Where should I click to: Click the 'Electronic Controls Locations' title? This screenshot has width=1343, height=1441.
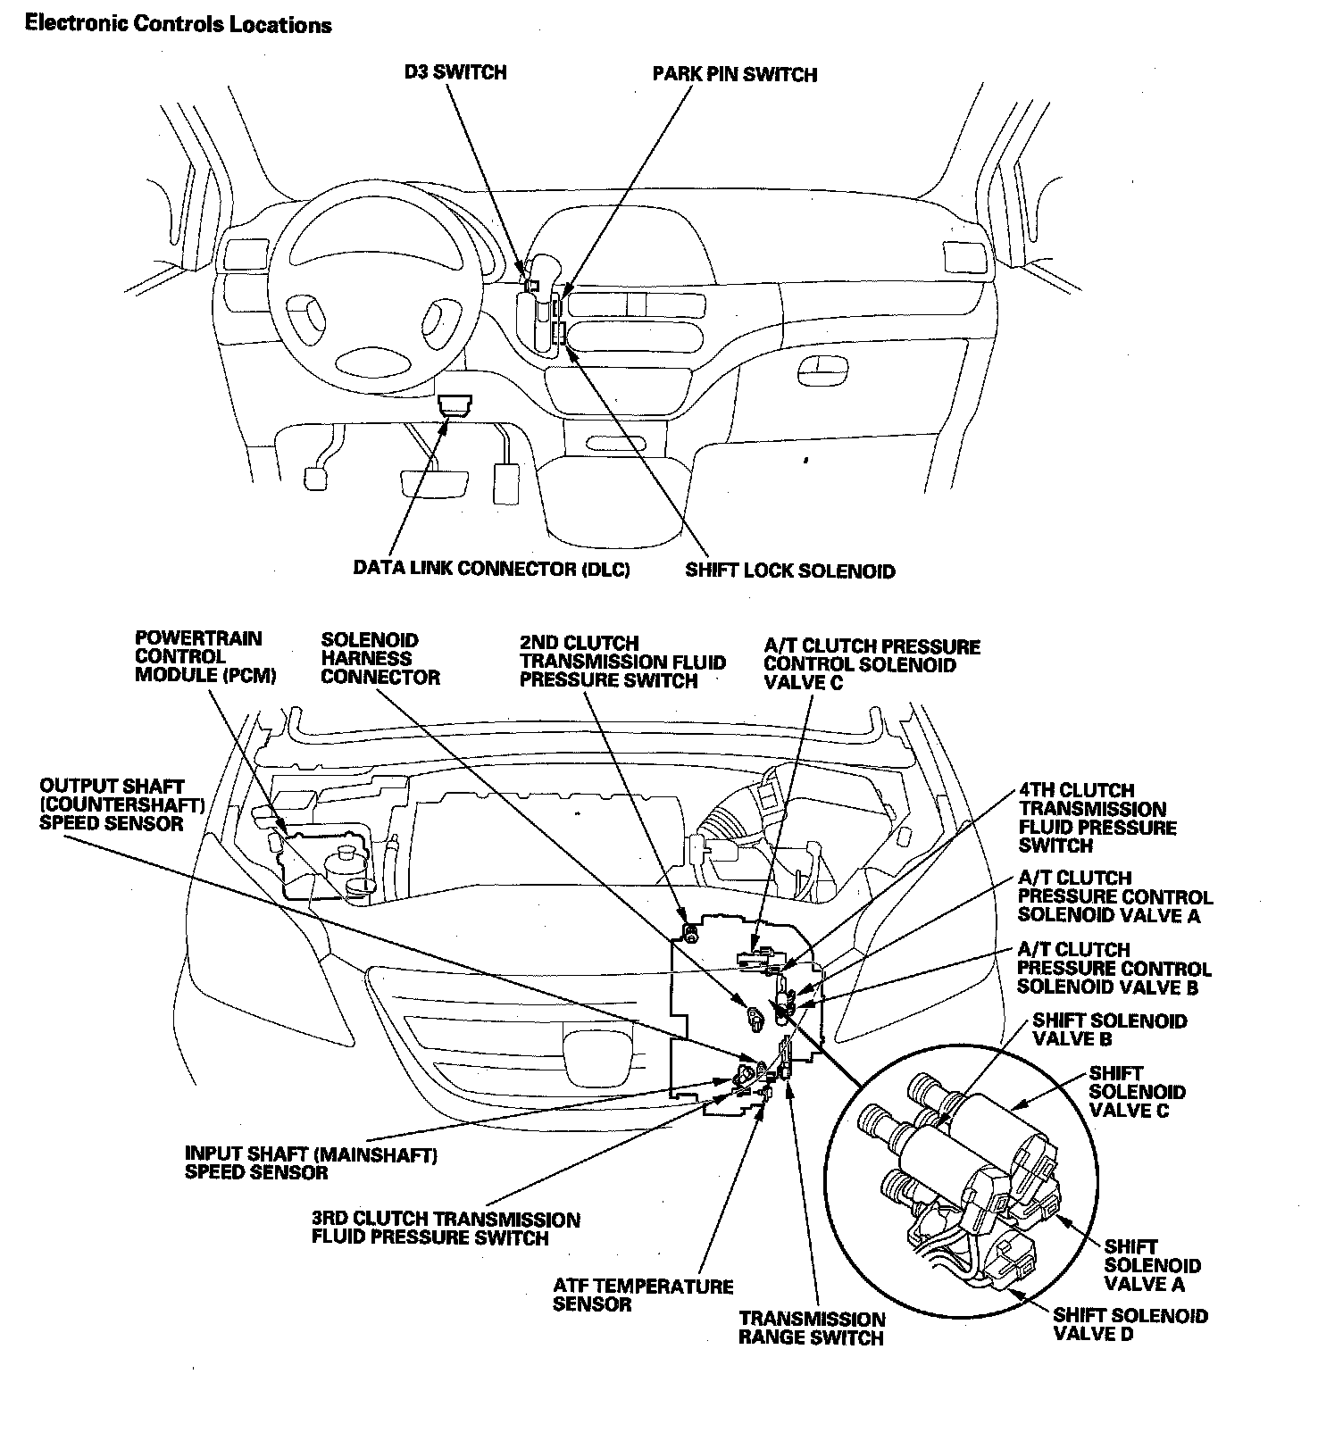[179, 24]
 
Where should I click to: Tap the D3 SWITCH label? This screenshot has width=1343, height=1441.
[455, 72]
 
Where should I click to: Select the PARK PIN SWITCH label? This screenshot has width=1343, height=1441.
[734, 74]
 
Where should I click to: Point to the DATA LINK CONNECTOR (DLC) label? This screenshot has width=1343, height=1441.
[491, 569]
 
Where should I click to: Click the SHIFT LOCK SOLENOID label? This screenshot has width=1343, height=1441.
[789, 571]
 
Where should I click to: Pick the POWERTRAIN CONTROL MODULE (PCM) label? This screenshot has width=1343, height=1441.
[205, 657]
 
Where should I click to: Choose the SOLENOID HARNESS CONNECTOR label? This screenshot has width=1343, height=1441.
[380, 659]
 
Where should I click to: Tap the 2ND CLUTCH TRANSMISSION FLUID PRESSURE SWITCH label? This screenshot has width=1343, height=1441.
[622, 662]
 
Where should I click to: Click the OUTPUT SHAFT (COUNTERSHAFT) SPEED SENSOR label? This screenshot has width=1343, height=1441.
[122, 804]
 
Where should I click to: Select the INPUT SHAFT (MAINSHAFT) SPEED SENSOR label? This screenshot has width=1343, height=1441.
[311, 1163]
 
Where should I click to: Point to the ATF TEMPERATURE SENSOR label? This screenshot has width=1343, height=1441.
[643, 1295]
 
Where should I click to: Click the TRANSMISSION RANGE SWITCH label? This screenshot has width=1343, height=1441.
[812, 1329]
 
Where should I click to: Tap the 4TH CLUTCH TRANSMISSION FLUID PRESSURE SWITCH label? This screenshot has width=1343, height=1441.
[1097, 818]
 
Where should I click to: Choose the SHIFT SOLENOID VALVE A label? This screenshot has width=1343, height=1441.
[1152, 1265]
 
